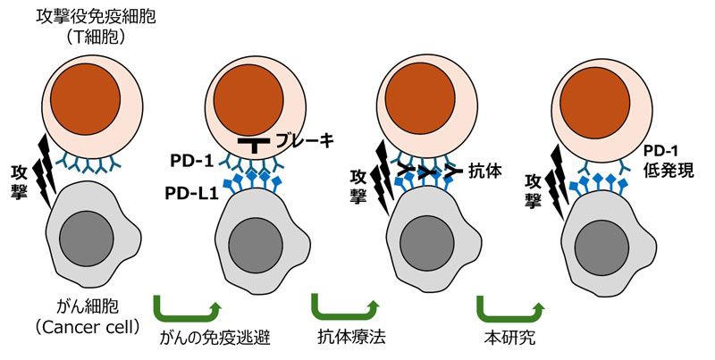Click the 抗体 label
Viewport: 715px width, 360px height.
point(484,172)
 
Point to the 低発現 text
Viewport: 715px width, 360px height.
point(669,171)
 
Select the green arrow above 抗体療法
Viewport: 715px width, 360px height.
point(345,306)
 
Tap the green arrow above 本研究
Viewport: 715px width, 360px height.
point(510,306)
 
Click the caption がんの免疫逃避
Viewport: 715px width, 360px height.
point(215,338)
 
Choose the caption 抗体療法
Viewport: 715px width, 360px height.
point(351,337)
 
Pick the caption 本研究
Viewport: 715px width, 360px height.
point(509,338)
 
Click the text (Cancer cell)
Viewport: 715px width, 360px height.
point(88,327)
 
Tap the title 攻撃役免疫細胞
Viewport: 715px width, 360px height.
point(96,17)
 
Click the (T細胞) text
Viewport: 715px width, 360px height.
point(96,38)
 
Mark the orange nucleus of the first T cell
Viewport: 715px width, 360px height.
point(85,99)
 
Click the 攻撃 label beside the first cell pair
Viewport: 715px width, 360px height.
point(20,182)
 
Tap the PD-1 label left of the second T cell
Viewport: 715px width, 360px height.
point(191,161)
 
